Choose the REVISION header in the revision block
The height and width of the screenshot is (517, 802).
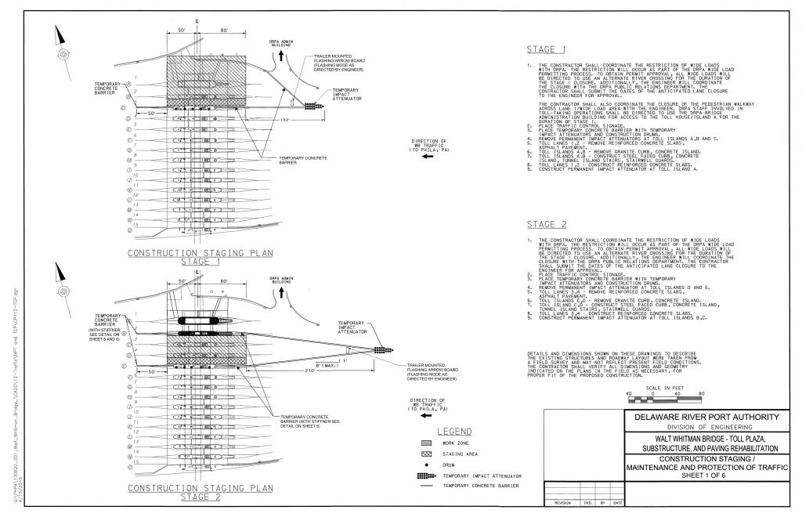coord(563,503)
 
